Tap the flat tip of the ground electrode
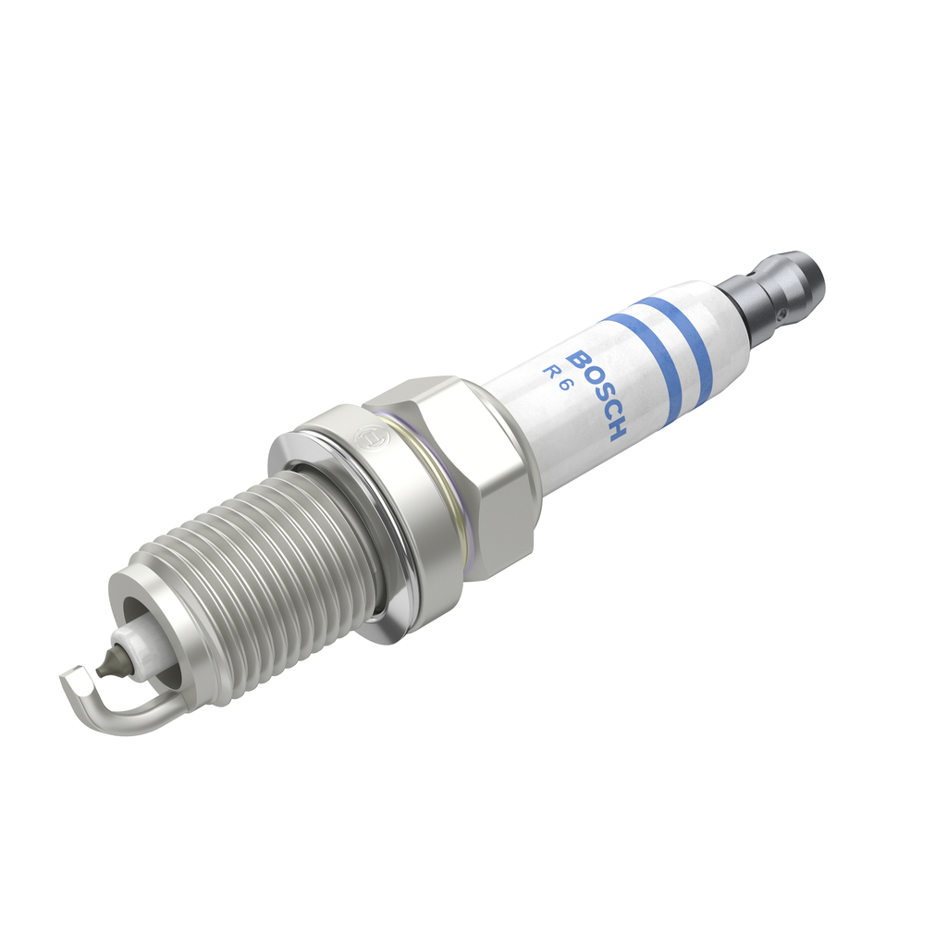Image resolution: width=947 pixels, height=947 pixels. [74, 685]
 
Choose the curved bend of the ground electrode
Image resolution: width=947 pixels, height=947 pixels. [139, 717]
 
